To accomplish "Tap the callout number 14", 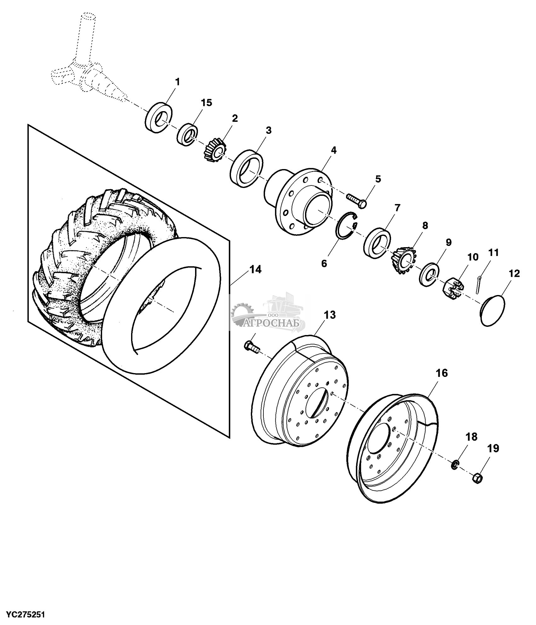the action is tap(256, 270).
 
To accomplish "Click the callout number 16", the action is tap(442, 373).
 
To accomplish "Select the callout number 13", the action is tap(330, 315).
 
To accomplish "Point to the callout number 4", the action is tap(334, 151).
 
